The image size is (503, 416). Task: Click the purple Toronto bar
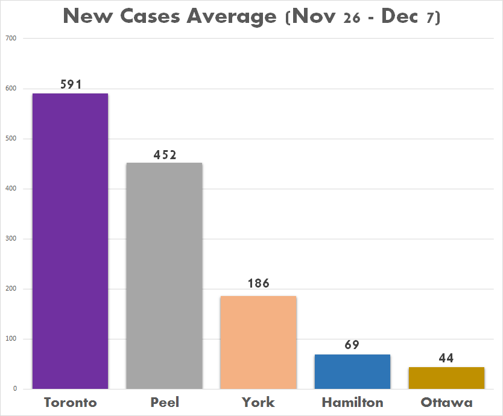(x=70, y=241)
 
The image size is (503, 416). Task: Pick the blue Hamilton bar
(x=352, y=371)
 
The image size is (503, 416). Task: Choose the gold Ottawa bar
(x=446, y=378)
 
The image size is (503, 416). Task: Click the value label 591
(x=71, y=84)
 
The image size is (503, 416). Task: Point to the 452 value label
(x=164, y=154)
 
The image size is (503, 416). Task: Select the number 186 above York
(x=258, y=283)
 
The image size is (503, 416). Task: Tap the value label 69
(x=352, y=345)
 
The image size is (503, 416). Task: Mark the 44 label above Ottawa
(x=446, y=358)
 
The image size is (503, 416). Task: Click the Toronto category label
(x=70, y=402)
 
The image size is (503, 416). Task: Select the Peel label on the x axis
(x=164, y=402)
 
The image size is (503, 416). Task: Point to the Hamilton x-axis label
(x=352, y=402)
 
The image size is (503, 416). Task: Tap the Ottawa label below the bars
(x=446, y=402)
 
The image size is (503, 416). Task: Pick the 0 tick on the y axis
(x=15, y=389)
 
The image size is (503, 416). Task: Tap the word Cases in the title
(x=151, y=16)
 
